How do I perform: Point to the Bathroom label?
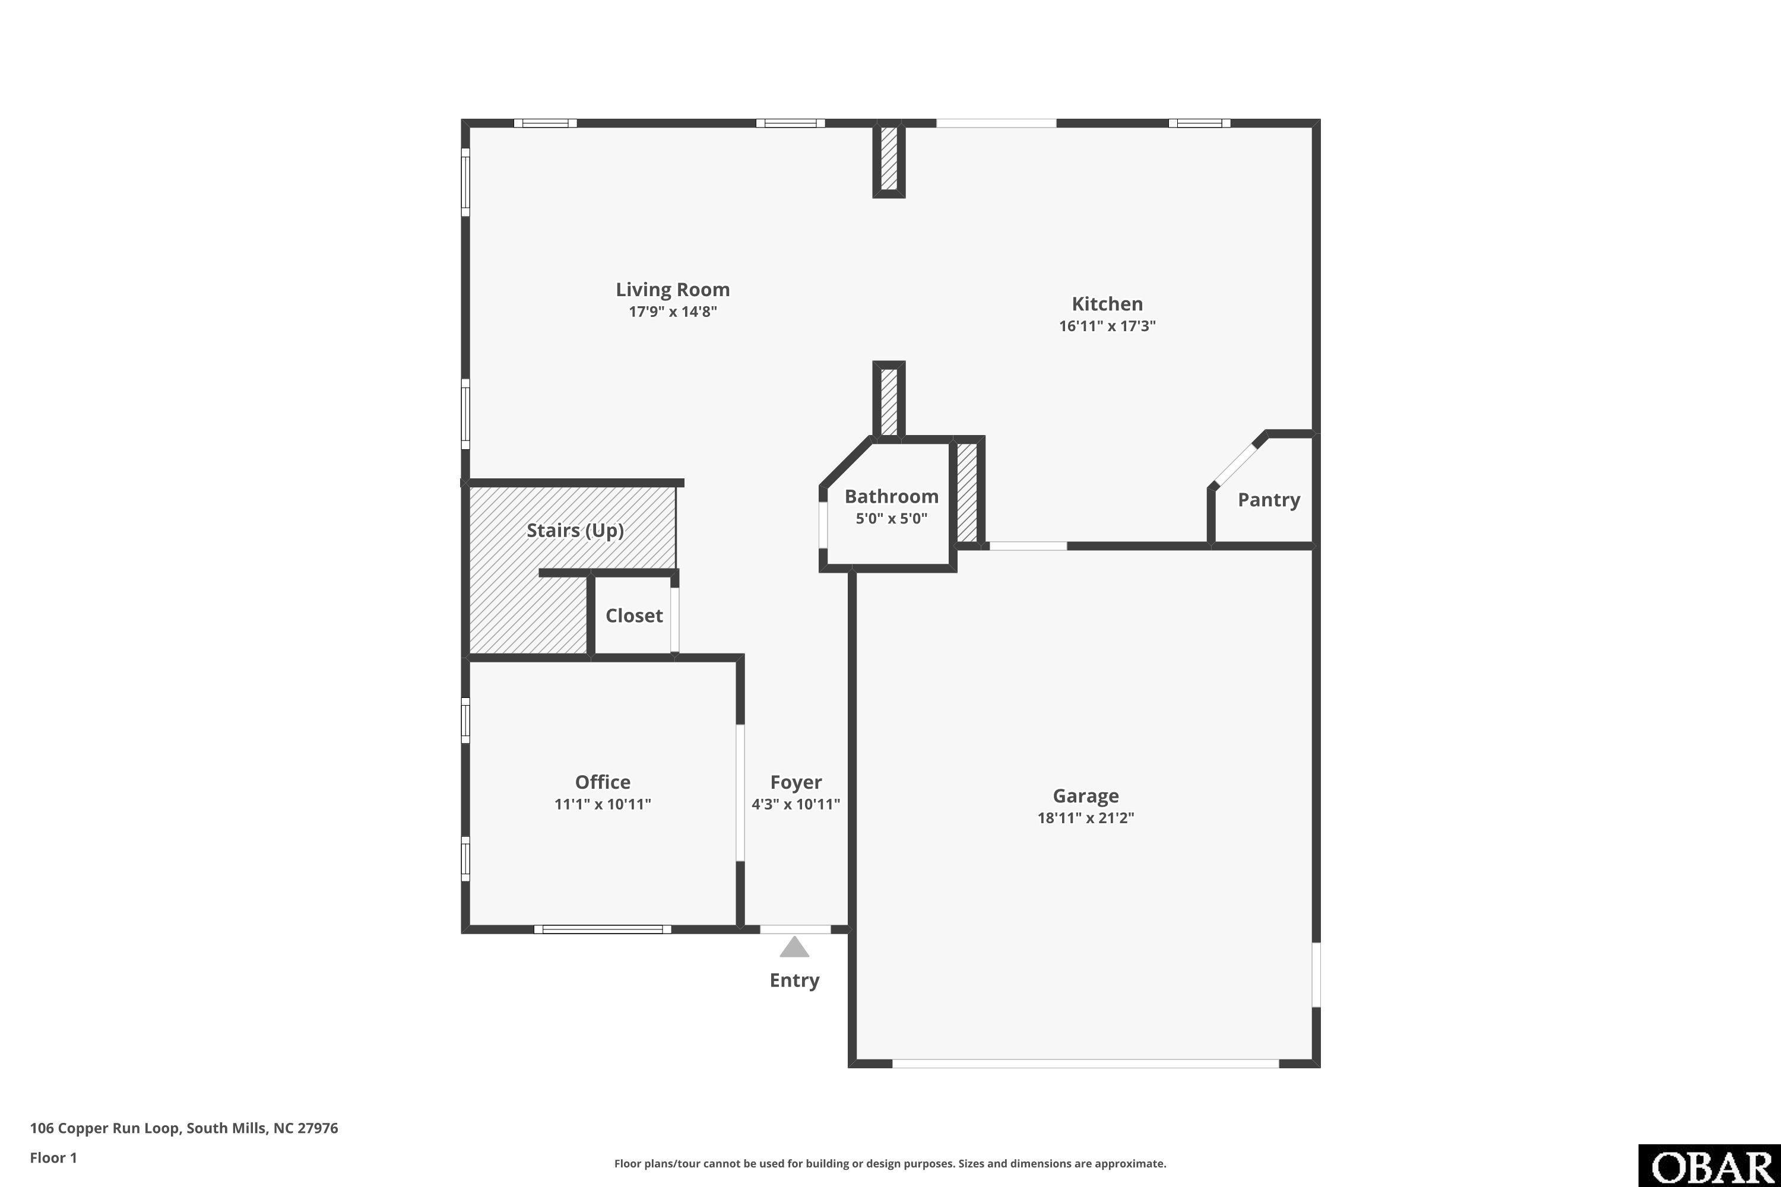[x=891, y=497]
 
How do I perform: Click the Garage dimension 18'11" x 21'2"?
[x=1086, y=818]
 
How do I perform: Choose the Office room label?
[x=603, y=782]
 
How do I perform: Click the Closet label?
[x=634, y=615]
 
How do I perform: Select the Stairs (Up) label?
[x=575, y=530]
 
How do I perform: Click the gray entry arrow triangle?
[x=794, y=947]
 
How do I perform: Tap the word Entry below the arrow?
[x=794, y=980]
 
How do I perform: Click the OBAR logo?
[x=1710, y=1167]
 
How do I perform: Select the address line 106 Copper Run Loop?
[x=184, y=1128]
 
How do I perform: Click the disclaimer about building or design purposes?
[x=890, y=1163]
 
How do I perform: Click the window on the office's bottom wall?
[x=603, y=929]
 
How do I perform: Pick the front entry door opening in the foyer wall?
[x=795, y=929]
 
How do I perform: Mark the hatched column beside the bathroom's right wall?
[x=967, y=492]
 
